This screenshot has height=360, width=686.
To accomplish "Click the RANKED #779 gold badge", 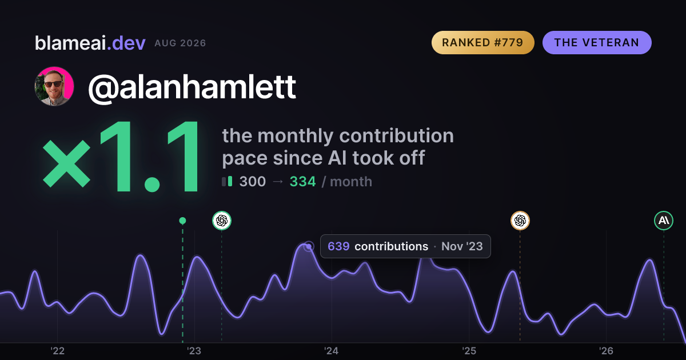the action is coord(483,42).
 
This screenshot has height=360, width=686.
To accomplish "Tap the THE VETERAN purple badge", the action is coord(597,42).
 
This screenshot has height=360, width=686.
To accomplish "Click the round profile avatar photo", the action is coord(54,86).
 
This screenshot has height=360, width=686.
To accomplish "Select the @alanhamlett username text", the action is coord(192,87).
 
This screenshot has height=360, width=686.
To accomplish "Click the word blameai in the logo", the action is coord(70,43).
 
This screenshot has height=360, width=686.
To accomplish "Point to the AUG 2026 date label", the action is coord(180,43).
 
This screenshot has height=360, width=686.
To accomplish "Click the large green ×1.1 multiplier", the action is coord(122,156).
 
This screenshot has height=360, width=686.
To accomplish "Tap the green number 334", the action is coord(302,182).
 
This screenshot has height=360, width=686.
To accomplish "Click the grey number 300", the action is coord(252,182).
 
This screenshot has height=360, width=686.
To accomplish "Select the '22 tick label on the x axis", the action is coord(57,351).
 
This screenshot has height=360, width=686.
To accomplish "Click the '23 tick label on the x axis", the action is coord(194,351).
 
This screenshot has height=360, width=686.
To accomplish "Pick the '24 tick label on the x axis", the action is coord(332,351).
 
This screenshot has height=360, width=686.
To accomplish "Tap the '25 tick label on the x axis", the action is coord(469,351).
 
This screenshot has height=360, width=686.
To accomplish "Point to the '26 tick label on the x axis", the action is coord(606,351).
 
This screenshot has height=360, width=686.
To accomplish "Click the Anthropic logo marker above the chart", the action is coord(664,221).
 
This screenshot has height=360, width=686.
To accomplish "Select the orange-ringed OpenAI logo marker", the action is coord(520,221).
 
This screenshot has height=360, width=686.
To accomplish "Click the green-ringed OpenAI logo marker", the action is coord(222,221).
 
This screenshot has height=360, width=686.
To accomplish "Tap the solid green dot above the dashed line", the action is coord(182,221).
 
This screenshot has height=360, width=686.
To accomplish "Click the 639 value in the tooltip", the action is coord(338,246).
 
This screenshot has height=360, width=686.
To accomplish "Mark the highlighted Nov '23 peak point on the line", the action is coord(309,246).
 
